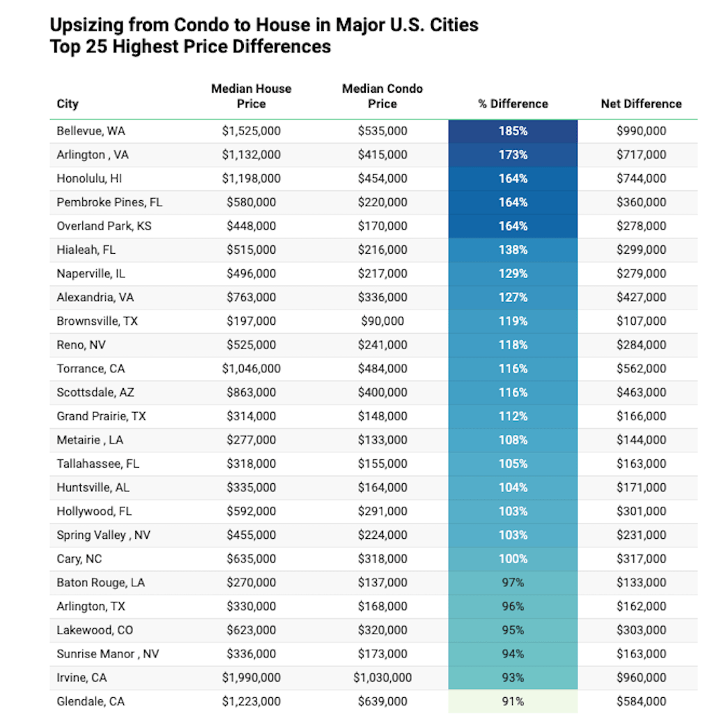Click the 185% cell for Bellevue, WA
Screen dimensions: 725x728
click(513, 131)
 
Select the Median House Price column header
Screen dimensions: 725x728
click(251, 96)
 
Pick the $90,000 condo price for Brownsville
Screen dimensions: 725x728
click(382, 321)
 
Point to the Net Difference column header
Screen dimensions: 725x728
click(641, 104)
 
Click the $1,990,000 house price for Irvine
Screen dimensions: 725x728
click(251, 678)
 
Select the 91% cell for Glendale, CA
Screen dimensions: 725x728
click(513, 701)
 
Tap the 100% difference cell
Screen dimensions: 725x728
click(513, 559)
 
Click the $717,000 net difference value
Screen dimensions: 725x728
click(641, 155)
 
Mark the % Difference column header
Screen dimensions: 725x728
click(513, 104)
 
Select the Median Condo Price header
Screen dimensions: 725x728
click(382, 96)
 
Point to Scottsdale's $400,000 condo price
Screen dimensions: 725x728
click(382, 392)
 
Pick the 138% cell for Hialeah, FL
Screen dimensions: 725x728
click(513, 250)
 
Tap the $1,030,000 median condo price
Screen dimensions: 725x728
click(382, 678)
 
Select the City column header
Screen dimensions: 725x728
click(68, 104)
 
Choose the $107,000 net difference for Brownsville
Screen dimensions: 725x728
click(641, 321)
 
